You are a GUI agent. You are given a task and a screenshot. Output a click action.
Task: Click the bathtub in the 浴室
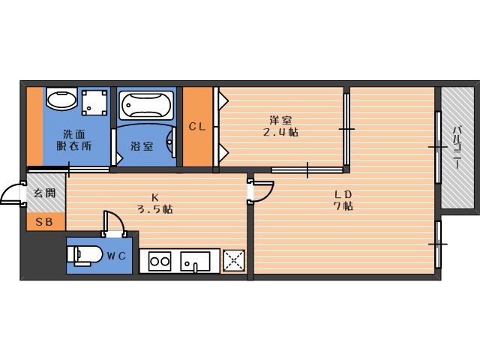pyautogui.click(x=147, y=105)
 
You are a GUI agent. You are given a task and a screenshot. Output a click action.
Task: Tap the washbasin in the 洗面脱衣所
pyautogui.click(x=61, y=98)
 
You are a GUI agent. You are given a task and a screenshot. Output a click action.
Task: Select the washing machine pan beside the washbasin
pyautogui.click(x=94, y=102)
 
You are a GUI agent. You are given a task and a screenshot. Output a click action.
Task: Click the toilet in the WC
pyautogui.click(x=85, y=255)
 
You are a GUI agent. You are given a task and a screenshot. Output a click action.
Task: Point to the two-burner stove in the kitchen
pyautogui.click(x=160, y=261)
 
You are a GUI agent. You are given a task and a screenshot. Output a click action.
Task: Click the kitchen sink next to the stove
pyautogui.click(x=195, y=262)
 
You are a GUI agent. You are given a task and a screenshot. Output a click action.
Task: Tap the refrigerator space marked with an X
pyautogui.click(x=234, y=261)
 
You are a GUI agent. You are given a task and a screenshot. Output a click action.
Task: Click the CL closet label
pyautogui.click(x=196, y=127)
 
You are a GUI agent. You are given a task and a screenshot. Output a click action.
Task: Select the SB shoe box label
pyautogui.click(x=44, y=222)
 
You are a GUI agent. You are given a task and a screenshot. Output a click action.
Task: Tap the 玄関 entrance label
pyautogui.click(x=45, y=193)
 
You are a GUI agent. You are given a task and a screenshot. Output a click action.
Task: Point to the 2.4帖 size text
pyautogui.click(x=280, y=132)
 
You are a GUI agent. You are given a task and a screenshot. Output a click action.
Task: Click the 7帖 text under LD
pyautogui.click(x=343, y=206)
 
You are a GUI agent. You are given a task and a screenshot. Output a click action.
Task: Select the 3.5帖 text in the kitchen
pyautogui.click(x=154, y=209)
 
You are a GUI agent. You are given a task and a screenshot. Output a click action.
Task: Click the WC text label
pyautogui.click(x=116, y=256)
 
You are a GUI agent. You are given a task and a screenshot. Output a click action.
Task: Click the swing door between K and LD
pyautogui.click(x=263, y=191)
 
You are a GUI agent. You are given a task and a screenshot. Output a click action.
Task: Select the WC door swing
pyautogui.click(x=115, y=222)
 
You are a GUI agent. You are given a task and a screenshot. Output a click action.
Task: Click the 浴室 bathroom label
pyautogui.click(x=142, y=146)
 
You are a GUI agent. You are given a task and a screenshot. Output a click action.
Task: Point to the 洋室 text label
pyautogui.click(x=280, y=120)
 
